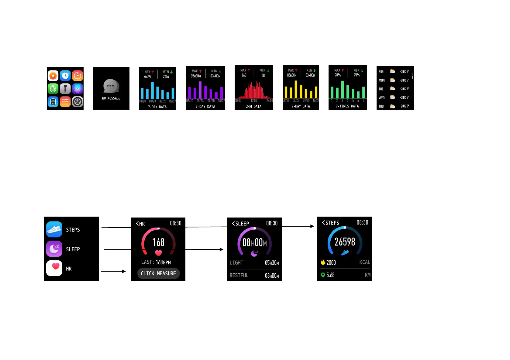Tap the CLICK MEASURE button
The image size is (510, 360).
158,273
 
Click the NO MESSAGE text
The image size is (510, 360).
111,98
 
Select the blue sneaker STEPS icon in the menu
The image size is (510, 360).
54,229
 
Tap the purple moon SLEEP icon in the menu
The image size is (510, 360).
54,249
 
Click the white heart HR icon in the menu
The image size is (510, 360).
54,268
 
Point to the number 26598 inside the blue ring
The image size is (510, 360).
345,242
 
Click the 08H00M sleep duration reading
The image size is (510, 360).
254,243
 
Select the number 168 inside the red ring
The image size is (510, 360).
158,242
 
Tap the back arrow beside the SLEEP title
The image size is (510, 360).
233,224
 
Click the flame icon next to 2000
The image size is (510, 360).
323,262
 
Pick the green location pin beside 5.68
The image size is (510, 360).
323,275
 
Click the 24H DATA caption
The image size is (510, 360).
253,107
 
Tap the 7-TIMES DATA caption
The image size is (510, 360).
347,106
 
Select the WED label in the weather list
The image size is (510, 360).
381,98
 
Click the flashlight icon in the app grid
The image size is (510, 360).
65,89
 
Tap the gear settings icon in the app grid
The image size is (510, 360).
78,102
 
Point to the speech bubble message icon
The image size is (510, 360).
111,86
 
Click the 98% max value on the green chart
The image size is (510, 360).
338,75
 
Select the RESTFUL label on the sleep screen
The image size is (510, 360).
239,275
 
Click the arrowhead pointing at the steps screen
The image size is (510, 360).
312,226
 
